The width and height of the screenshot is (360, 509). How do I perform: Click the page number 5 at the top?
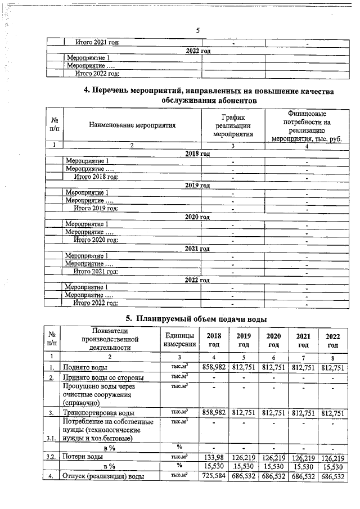pyautogui.click(x=197, y=30)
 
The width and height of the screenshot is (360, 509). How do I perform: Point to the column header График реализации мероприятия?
pyautogui.click(x=233, y=125)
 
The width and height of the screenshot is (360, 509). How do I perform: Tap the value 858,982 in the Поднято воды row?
pyautogui.click(x=213, y=366)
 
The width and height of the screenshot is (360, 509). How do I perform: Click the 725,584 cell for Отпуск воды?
pyautogui.click(x=213, y=477)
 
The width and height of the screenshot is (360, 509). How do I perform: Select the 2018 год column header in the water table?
pyautogui.click(x=213, y=340)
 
